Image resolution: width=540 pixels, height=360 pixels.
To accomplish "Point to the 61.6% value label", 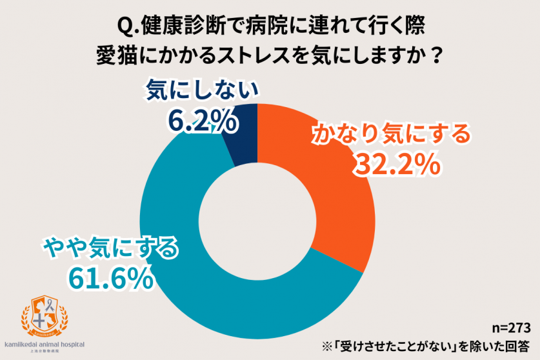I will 111,277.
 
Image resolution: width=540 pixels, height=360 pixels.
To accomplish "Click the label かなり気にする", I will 391,135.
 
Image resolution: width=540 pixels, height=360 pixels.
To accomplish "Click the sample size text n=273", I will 510,326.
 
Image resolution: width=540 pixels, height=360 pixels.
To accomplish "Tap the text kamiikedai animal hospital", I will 44,345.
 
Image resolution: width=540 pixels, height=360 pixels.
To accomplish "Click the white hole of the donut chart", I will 257,212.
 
